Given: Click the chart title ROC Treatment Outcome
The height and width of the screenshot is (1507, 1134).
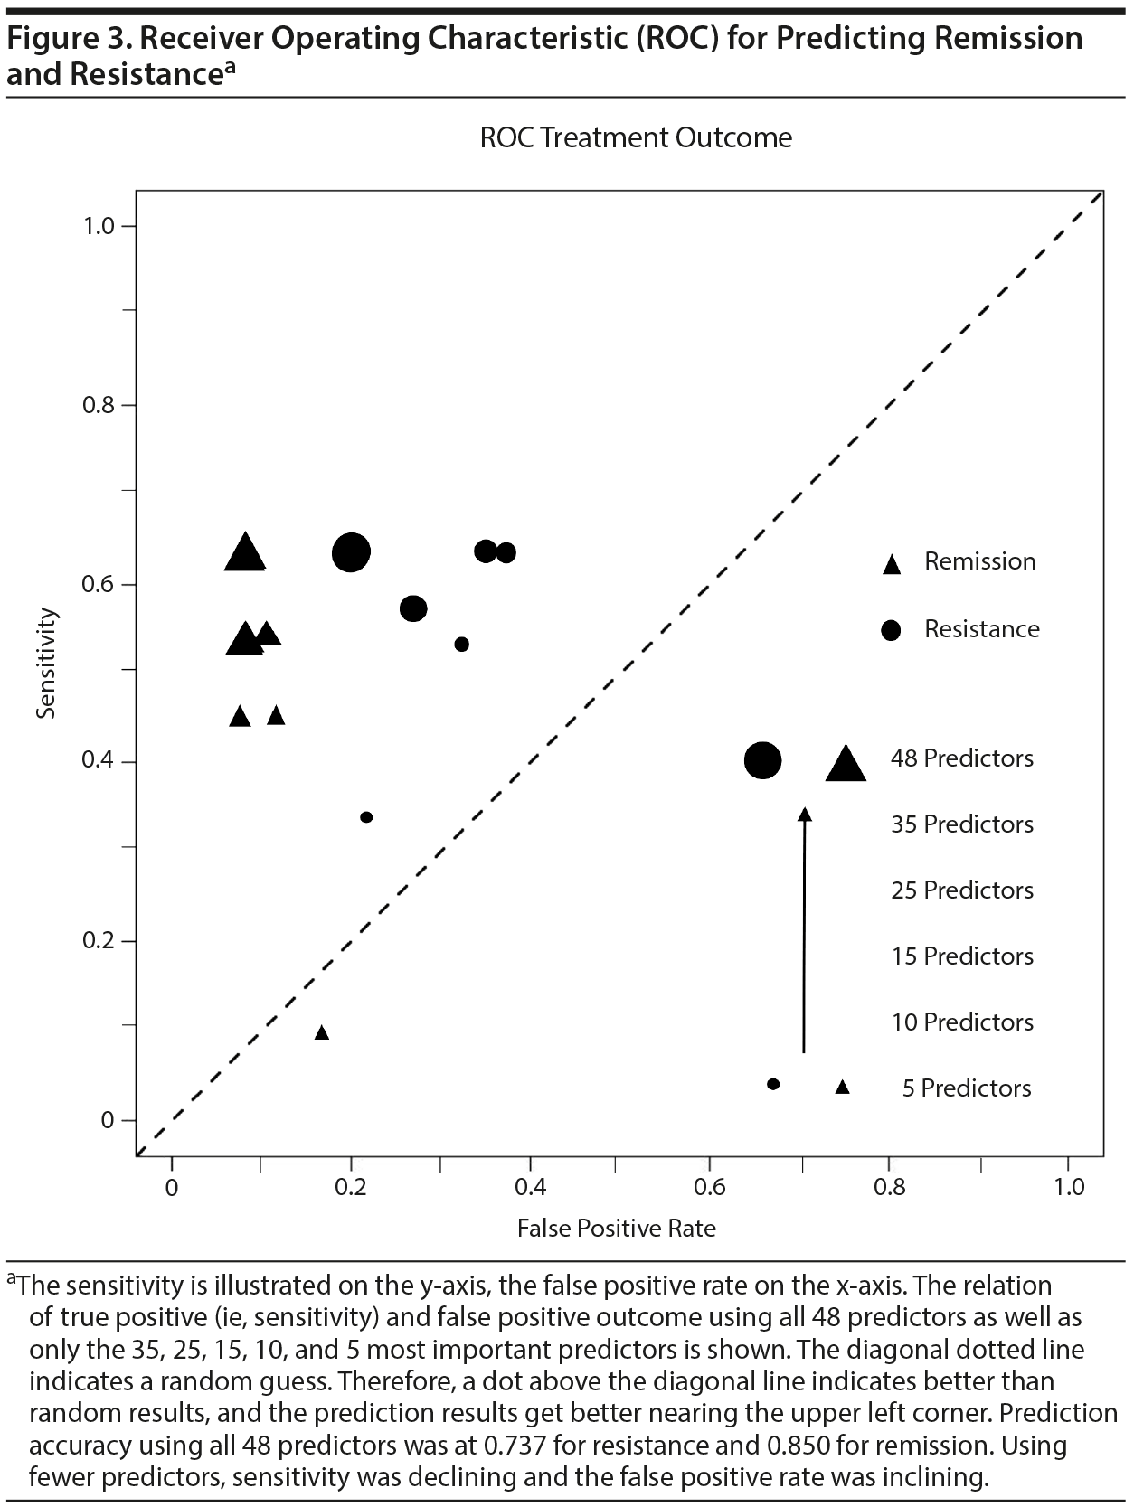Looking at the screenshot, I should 636,138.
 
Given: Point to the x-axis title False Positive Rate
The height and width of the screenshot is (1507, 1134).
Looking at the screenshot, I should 616,1228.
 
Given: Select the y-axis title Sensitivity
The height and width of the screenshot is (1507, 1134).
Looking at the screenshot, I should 46,664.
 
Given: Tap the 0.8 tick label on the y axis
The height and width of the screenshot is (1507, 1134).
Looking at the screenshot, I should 99,405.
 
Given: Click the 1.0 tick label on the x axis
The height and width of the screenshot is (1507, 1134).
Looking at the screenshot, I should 1069,1186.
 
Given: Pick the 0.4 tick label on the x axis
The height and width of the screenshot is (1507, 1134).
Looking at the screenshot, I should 530,1186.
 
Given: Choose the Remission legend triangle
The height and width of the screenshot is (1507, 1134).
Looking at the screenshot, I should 892,564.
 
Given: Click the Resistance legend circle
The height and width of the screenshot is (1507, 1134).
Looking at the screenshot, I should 892,631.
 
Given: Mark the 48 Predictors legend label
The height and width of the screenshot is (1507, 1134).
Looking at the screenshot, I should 962,758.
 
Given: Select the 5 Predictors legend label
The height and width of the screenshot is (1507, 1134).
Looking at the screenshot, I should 967,1088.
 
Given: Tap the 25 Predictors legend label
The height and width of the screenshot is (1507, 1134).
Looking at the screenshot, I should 962,890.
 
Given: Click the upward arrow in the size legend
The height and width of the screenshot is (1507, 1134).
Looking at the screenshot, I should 804,931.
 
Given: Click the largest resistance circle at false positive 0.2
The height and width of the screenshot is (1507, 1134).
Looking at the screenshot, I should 351,552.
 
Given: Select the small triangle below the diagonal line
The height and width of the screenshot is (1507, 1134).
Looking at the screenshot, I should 321,1032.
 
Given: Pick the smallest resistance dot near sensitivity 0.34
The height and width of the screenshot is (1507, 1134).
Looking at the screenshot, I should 366,817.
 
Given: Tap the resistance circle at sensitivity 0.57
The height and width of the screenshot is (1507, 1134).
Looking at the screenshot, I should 413,608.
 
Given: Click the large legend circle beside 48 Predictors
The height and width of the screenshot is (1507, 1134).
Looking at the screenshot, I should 762,760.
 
